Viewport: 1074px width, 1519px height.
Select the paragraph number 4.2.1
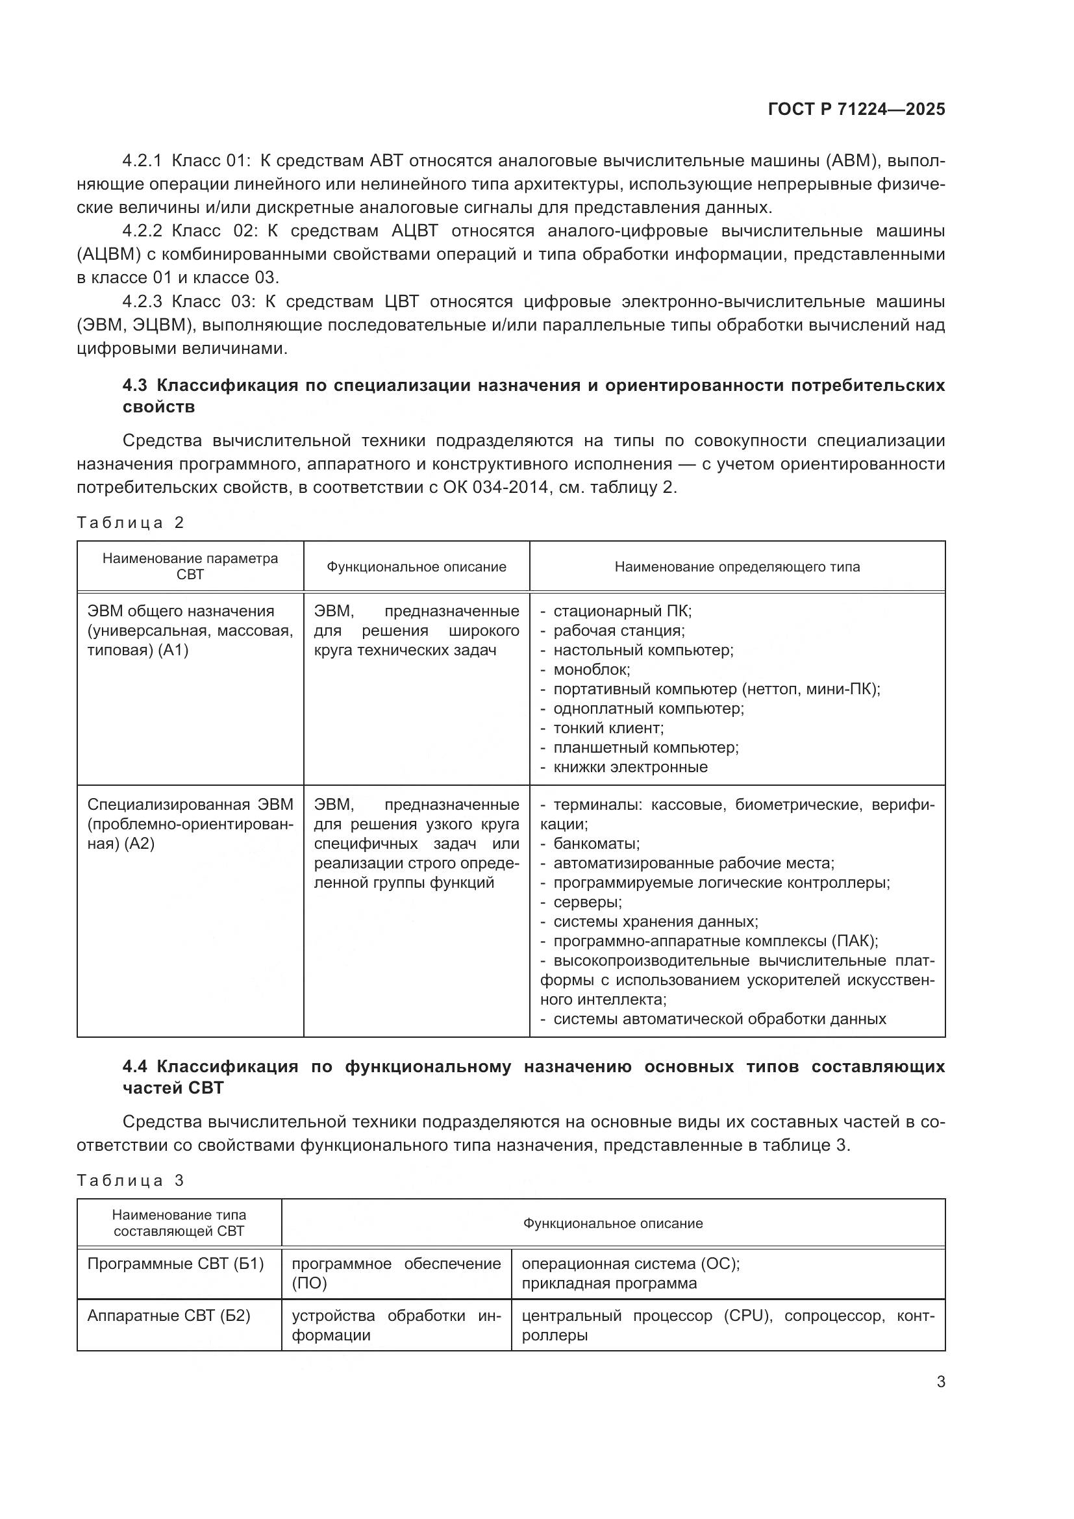click(x=142, y=161)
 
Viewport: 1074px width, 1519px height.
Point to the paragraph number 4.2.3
click(x=142, y=302)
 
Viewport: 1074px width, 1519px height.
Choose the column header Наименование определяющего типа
click(x=737, y=567)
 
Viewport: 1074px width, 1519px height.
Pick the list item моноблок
click(x=592, y=670)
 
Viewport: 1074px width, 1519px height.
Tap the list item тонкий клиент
click(x=608, y=728)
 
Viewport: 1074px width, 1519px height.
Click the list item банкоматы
click(x=596, y=844)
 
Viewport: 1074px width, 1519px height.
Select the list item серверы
click(x=587, y=902)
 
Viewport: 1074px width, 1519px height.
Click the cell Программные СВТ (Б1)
click(x=175, y=1264)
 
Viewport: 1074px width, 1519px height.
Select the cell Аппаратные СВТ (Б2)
click(x=169, y=1315)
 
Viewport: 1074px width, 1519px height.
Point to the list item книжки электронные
click(x=630, y=767)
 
